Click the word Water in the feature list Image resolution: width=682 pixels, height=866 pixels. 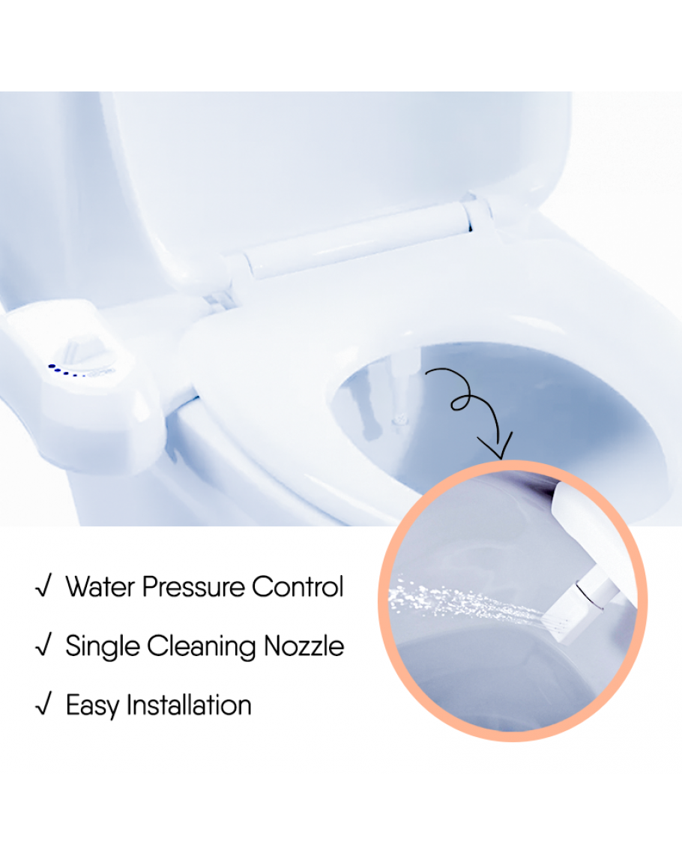point(100,586)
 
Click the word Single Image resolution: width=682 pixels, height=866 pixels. point(103,647)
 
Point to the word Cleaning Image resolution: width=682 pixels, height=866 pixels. point(202,647)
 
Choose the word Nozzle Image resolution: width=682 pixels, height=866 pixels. point(304,646)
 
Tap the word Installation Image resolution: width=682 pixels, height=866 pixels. point(189,705)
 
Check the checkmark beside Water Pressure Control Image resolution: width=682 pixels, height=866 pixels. point(43,586)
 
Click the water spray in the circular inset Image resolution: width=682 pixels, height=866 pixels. point(467,604)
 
